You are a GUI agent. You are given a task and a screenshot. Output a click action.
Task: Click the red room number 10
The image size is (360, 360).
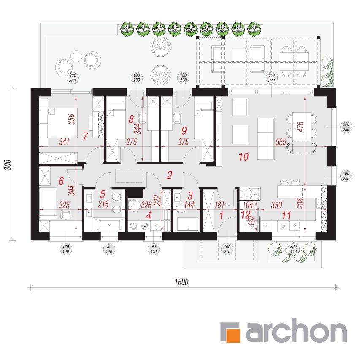[x=244, y=157]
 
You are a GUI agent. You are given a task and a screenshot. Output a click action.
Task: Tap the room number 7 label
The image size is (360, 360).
[x=85, y=136]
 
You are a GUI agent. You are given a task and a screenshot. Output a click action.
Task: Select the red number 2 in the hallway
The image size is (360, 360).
[x=170, y=175]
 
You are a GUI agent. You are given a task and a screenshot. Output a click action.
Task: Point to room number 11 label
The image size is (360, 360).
[x=286, y=216]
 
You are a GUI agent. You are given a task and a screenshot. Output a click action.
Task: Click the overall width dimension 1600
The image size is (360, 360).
[x=181, y=282]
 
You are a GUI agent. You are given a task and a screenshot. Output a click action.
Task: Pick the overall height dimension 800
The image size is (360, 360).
[x=8, y=165]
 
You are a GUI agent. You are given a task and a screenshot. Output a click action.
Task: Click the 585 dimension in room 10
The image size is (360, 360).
[x=281, y=142]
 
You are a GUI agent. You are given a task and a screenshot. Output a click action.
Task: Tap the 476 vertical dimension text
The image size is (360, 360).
[x=300, y=127]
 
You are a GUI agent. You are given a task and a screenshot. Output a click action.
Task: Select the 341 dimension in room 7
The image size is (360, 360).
[x=64, y=142]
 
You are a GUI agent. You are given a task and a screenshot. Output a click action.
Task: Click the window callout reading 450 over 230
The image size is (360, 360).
[x=271, y=78]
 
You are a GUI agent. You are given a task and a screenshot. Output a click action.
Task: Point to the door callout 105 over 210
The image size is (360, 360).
[x=227, y=249]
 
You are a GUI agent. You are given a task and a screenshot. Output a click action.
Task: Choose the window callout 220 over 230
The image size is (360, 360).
[x=73, y=78]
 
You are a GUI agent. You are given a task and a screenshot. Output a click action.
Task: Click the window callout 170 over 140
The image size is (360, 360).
[x=66, y=249]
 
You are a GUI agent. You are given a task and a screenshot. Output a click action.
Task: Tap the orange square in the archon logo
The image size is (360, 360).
[x=233, y=336]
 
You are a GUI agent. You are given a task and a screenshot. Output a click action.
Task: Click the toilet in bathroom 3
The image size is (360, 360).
[x=181, y=209]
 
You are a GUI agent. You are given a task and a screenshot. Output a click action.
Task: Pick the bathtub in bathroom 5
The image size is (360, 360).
[x=109, y=225]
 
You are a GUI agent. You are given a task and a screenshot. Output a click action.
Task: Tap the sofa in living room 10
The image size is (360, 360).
[x=266, y=139]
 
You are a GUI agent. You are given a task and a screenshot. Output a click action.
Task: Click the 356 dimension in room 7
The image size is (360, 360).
[x=72, y=119]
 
